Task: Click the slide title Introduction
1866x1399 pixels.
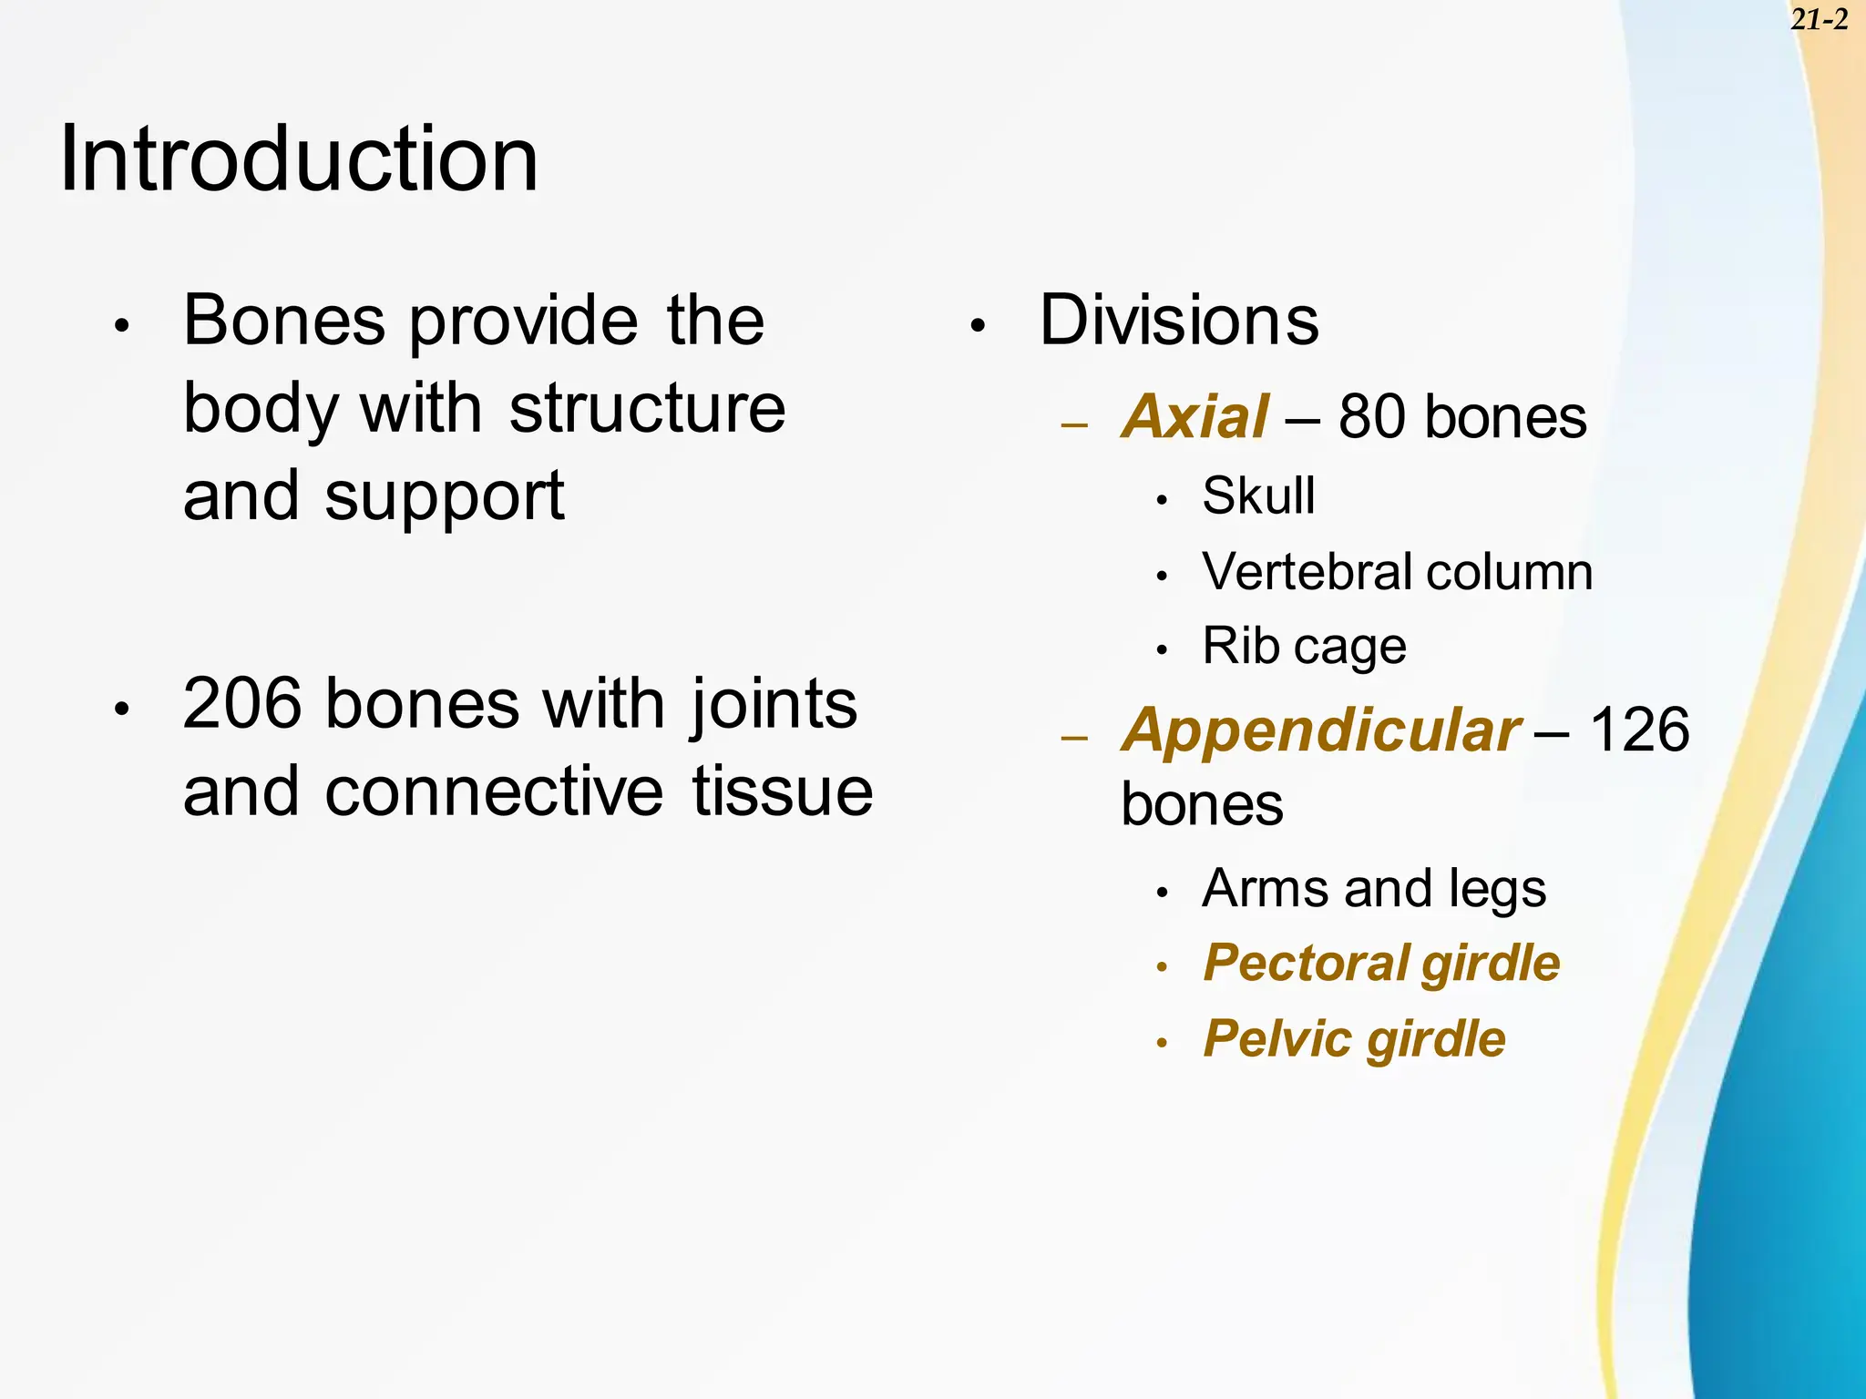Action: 299,159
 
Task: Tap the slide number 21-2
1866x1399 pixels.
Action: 1819,19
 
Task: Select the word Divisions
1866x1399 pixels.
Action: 1178,321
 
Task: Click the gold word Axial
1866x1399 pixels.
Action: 1194,417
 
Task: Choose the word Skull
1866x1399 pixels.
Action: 1258,496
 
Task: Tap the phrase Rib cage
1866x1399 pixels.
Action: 1304,647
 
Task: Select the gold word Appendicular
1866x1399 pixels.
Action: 1320,730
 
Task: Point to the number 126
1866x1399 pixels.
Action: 1639,730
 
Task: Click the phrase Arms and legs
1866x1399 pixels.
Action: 1374,889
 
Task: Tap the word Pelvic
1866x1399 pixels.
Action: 1278,1039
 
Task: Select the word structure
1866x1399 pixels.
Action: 647,408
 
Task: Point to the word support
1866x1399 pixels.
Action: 445,497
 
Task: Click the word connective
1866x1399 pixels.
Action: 494,791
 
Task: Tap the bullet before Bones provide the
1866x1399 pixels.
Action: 123,326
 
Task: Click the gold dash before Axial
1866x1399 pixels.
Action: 1075,424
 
